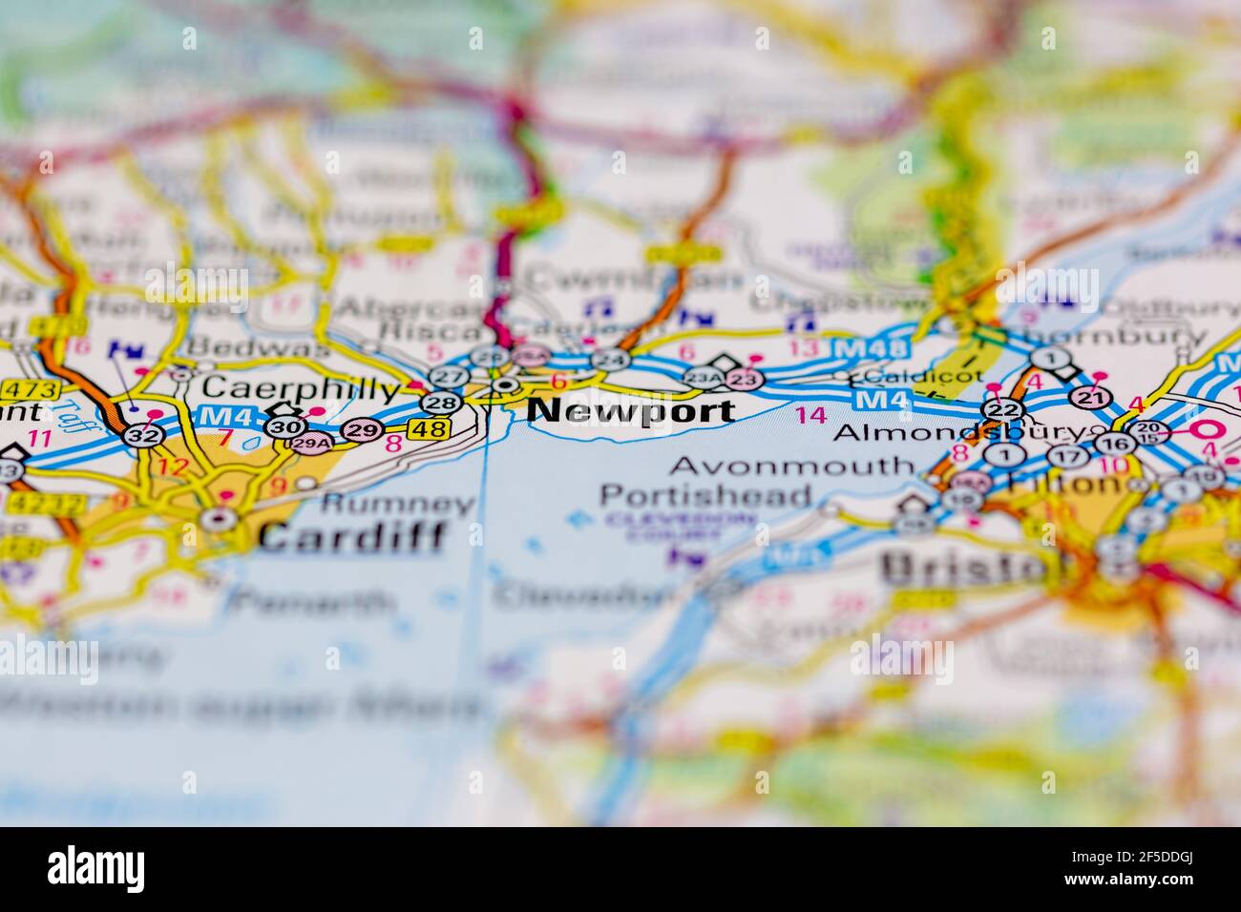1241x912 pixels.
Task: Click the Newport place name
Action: pyautogui.click(x=631, y=410)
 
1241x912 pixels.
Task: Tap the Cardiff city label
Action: pyautogui.click(x=352, y=536)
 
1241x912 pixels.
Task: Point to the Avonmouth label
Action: pyautogui.click(x=791, y=466)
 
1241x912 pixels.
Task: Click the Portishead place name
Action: pyautogui.click(x=705, y=496)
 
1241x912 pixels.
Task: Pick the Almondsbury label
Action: pyautogui.click(x=959, y=432)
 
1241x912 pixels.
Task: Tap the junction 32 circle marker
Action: pyautogui.click(x=142, y=435)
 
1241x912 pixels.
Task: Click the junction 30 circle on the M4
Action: pyautogui.click(x=284, y=425)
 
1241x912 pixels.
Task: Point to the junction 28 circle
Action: pyautogui.click(x=440, y=403)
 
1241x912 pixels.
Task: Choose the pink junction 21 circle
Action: pyautogui.click(x=1086, y=396)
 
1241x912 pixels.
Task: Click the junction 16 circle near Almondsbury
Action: pyautogui.click(x=1112, y=443)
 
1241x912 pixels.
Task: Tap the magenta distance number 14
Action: pyautogui.click(x=810, y=415)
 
